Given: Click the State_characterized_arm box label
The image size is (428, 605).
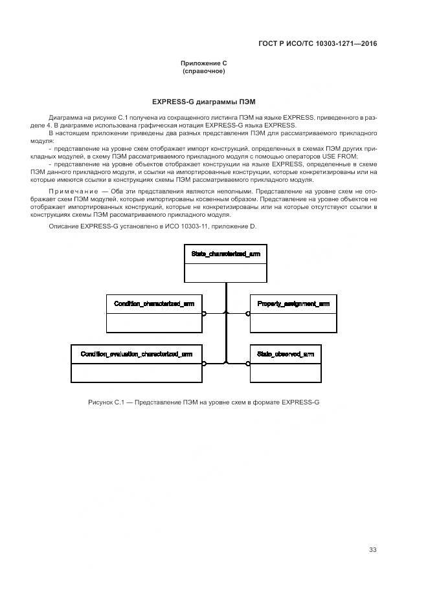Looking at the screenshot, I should coord(225,254).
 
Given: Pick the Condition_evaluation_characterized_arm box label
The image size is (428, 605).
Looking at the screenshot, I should coord(136,354).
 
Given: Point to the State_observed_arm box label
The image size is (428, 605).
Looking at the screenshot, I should coord(285,354).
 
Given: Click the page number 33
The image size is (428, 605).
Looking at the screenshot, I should coord(372,550).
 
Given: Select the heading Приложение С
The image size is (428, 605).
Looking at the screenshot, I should coord(203,63).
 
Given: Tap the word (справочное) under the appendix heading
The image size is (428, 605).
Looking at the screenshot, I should coord(203,71).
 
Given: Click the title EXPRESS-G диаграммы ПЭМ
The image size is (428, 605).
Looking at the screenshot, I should coord(203,102).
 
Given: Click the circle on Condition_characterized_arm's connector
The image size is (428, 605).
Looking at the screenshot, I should coord(204,313).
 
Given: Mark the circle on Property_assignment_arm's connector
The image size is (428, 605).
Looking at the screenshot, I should coord(248,313).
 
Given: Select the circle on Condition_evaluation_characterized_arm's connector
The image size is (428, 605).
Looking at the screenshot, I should coord(204,363).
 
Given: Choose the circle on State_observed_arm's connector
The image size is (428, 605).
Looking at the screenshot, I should coord(248,363).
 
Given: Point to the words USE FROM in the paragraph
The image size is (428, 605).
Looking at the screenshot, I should coord(339,157).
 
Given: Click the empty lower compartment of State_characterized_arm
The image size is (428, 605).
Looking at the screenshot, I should coord(225,272).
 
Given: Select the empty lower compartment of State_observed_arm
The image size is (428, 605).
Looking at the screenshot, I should coord(285,372).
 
